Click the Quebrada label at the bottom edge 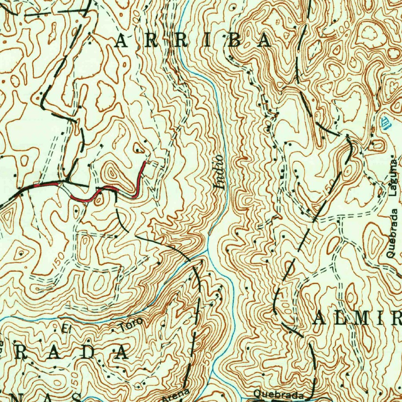pyautogui.click(x=278, y=394)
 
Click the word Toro pyautogui.click(x=131, y=324)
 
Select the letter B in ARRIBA pyautogui.click(x=235, y=41)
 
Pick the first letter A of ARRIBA pyautogui.click(x=121, y=41)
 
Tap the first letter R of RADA pyautogui.click(x=22, y=353)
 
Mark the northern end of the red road pyautogui.click(x=145, y=162)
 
